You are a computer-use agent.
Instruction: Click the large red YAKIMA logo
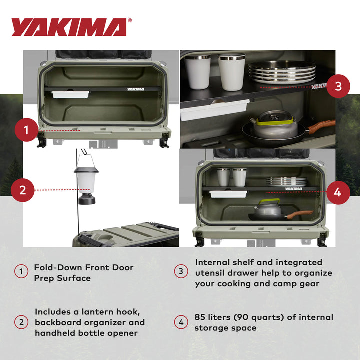tap(69, 27)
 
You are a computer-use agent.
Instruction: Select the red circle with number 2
tap(22, 190)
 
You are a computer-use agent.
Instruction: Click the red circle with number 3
tap(338, 86)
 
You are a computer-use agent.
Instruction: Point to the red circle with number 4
tap(338, 192)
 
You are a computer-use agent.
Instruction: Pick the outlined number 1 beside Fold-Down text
tap(21, 272)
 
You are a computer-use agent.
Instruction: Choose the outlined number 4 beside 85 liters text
tap(181, 323)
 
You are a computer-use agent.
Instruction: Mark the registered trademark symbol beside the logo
tap(130, 21)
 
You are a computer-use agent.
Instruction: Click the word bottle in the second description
tap(90, 333)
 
